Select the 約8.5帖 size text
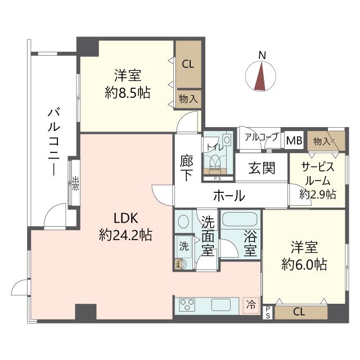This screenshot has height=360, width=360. [x=128, y=93]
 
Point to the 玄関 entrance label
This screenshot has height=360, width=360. [x=262, y=168]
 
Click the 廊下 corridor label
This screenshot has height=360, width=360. [x=187, y=167]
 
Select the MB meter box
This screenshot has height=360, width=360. [x=293, y=141]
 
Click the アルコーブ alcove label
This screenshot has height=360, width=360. [x=261, y=137]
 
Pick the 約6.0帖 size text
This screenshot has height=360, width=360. [x=304, y=265]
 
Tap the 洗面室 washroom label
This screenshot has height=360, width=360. [x=208, y=236]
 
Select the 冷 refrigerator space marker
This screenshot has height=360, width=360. [x=251, y=304]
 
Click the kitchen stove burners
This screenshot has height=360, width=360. [x=187, y=305]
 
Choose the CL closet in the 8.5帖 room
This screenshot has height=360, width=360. [x=187, y=64]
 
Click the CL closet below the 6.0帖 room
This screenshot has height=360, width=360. [x=299, y=312]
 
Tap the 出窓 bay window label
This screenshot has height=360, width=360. [x=75, y=183]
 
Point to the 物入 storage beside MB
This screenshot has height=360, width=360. [x=322, y=140]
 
